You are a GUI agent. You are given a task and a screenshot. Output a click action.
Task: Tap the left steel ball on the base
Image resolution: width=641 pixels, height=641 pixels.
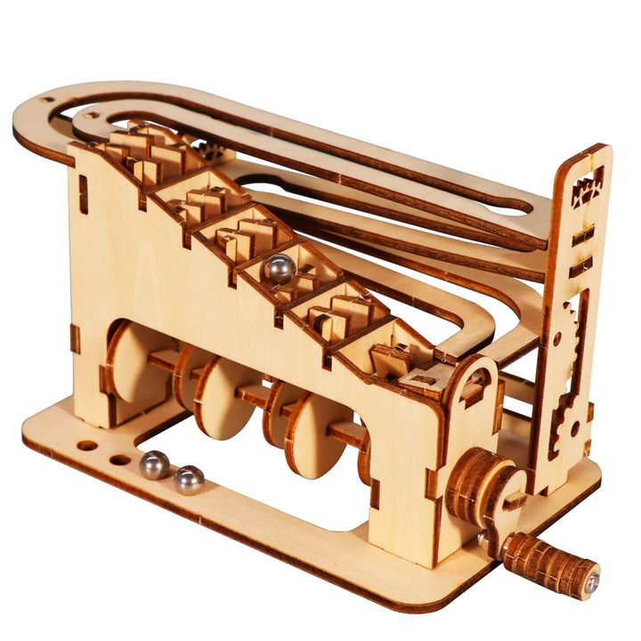[x=153, y=464]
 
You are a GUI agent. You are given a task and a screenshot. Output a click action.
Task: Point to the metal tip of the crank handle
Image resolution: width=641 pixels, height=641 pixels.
[x=592, y=580]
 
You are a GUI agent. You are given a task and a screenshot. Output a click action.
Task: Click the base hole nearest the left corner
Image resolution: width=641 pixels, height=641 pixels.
[x=86, y=445]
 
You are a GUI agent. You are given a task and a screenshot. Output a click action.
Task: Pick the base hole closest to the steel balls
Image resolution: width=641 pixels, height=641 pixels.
[x=119, y=460]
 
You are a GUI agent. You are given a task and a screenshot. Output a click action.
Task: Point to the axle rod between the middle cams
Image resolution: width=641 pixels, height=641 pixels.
[x=254, y=396]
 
